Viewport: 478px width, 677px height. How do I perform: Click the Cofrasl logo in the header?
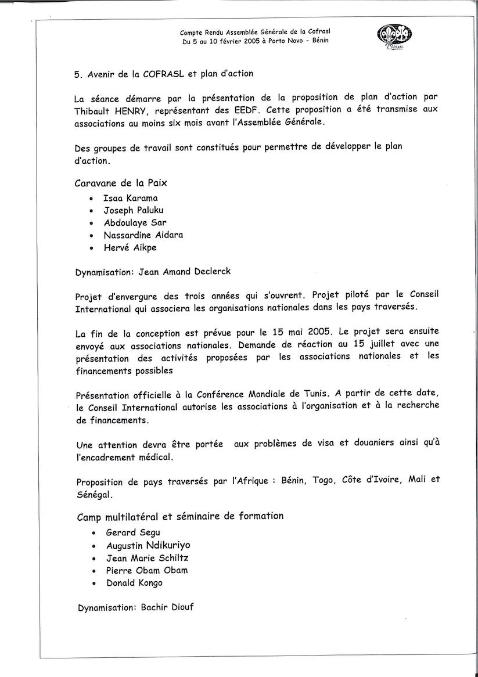tap(394, 39)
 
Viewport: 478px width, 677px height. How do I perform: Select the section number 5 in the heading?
tap(77, 75)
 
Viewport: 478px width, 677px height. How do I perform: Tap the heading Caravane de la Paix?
tap(121, 183)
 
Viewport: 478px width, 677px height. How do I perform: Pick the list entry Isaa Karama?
tap(131, 198)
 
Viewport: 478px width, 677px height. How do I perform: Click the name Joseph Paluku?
tap(134, 210)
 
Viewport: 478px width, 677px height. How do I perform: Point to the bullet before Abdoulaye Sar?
tap(92, 224)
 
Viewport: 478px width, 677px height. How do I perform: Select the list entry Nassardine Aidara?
tap(143, 235)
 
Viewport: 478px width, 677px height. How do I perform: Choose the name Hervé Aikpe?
tap(130, 247)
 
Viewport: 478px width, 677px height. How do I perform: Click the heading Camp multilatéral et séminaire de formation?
tap(180, 516)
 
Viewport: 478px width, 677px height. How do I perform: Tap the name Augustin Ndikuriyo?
tap(148, 545)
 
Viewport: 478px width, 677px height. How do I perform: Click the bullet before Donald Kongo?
tap(94, 584)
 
